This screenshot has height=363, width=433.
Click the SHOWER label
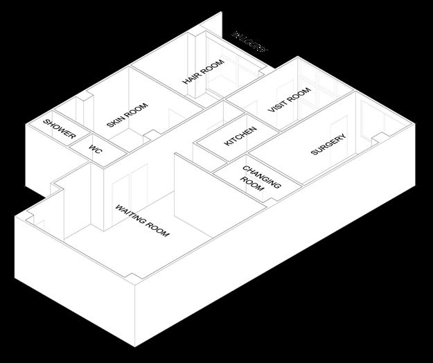point(59,129)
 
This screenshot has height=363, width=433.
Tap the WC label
point(96,150)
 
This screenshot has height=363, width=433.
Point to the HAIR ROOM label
point(204,73)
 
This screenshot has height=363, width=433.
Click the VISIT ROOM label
point(289,101)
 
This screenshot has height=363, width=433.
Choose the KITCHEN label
point(240,136)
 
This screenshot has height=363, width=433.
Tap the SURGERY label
point(328,144)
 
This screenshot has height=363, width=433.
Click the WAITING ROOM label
point(142,220)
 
